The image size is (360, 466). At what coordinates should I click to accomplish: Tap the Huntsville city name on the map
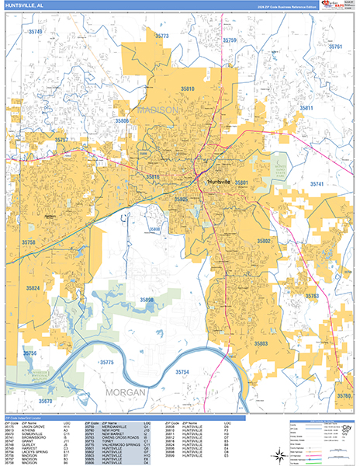(x=223, y=182)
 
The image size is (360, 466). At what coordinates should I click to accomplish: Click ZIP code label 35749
(x=35, y=32)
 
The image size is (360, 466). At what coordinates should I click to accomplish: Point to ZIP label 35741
(x=317, y=183)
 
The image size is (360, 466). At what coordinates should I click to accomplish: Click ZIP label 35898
(x=147, y=299)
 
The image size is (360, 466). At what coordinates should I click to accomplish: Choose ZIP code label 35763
(x=312, y=296)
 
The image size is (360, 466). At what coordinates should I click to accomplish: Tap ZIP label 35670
(x=46, y=401)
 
